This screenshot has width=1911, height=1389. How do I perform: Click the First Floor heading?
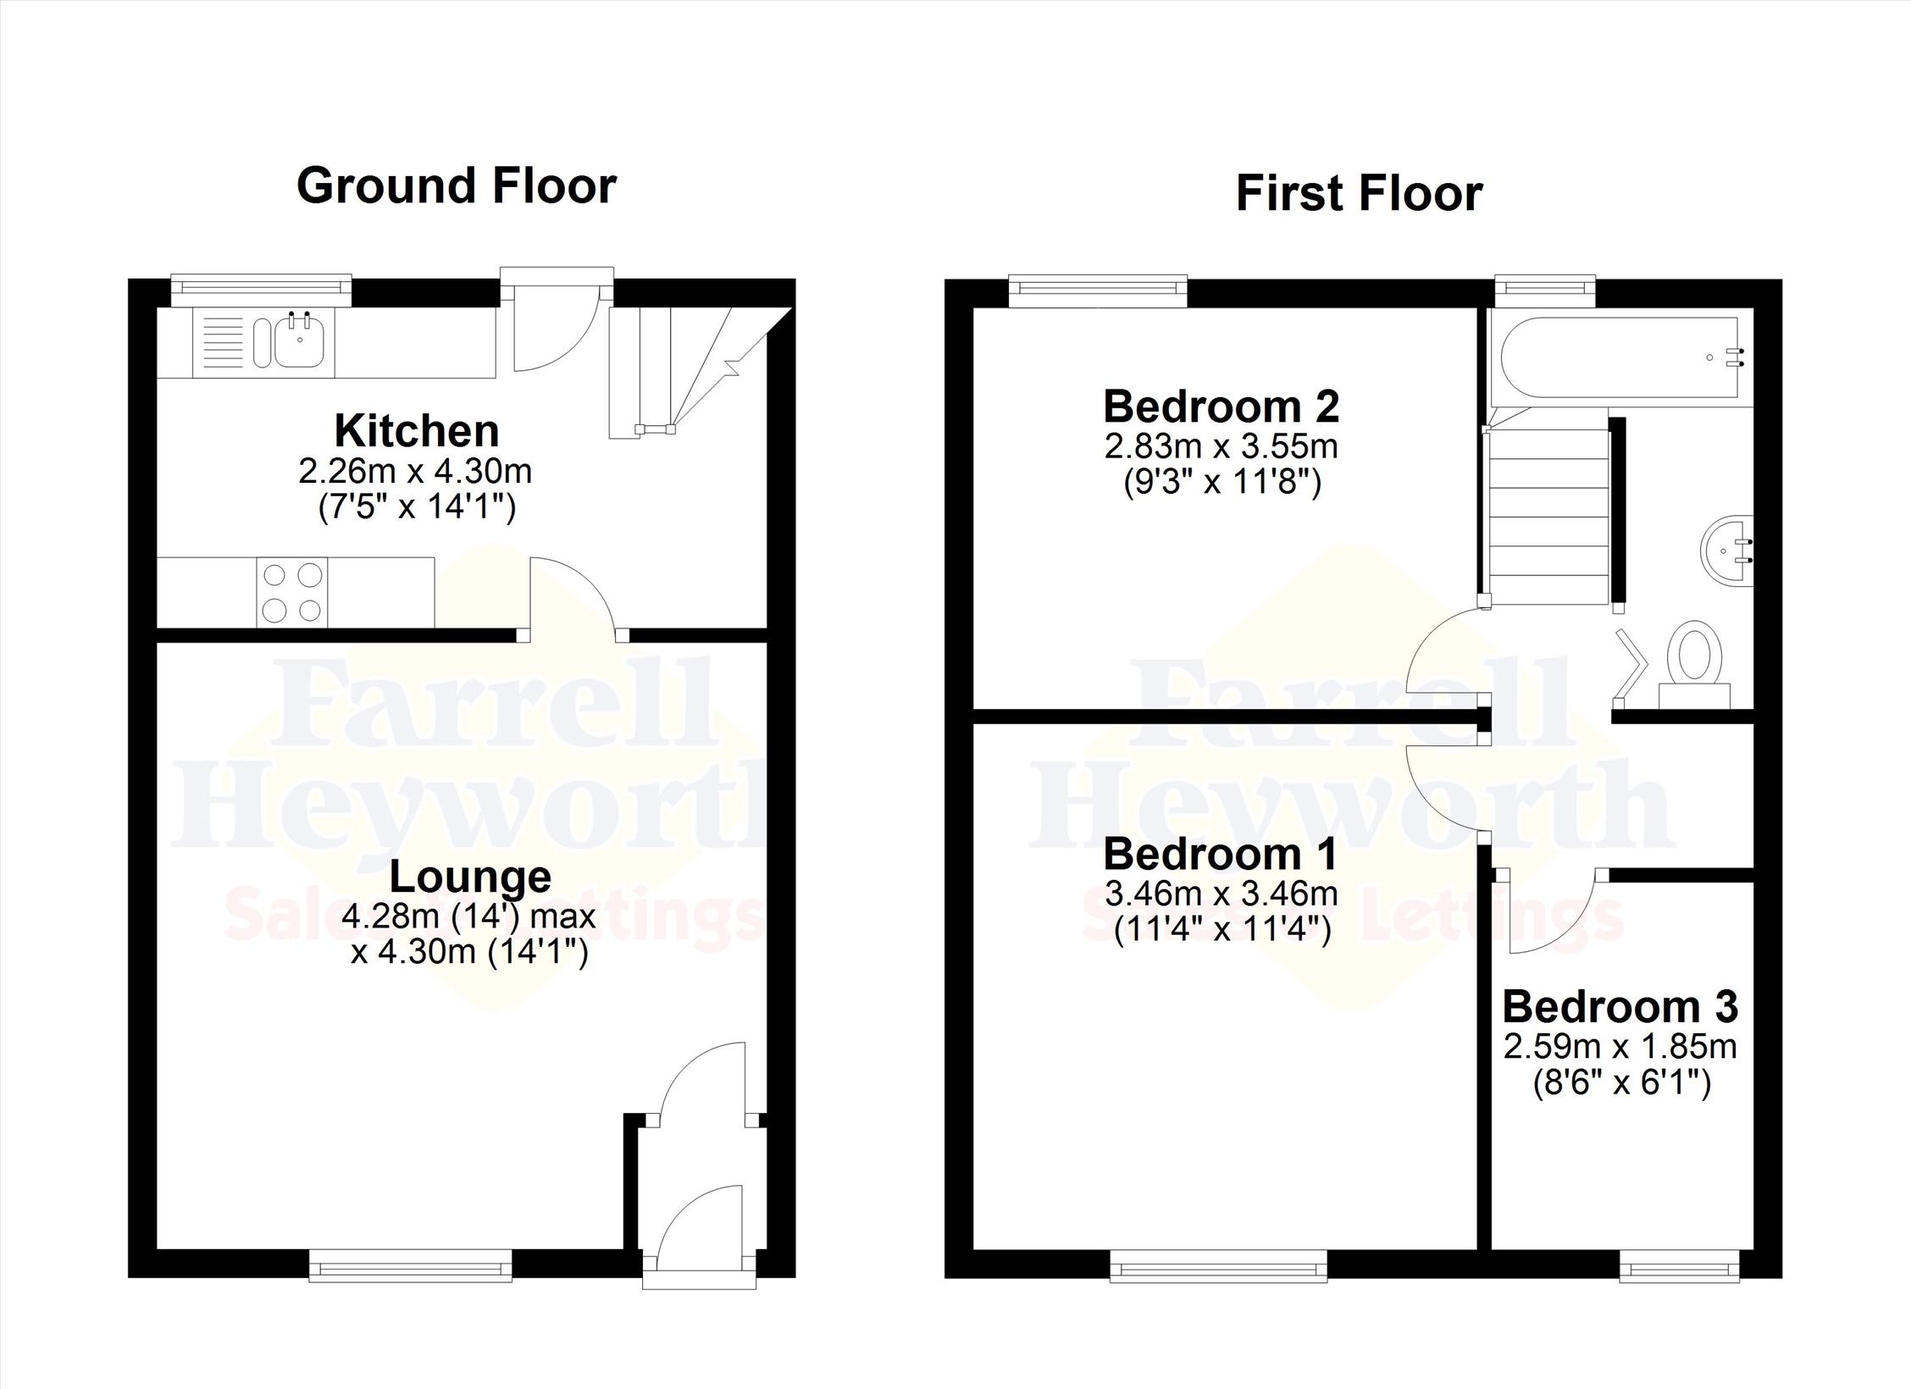coord(1359,193)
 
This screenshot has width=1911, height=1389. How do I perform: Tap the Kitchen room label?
coord(417,430)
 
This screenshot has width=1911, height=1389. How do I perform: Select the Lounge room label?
coord(470,877)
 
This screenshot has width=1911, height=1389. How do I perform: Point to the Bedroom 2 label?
coord(1221,407)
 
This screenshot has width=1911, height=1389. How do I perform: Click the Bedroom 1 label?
coord(1221,854)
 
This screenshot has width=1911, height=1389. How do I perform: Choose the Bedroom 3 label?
coord(1620,1007)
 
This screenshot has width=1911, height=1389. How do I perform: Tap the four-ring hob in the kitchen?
coord(292,592)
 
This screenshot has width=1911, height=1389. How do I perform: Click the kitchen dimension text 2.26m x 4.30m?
coord(415,471)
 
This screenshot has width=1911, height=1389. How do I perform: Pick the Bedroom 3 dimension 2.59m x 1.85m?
coord(1620,1048)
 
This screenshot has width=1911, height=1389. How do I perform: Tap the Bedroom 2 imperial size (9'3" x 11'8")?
coord(1222,482)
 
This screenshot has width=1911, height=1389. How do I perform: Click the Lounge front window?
coord(411,1267)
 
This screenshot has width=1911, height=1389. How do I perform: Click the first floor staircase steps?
coord(1547,517)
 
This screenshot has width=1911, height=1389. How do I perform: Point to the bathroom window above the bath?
coord(1545,291)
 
